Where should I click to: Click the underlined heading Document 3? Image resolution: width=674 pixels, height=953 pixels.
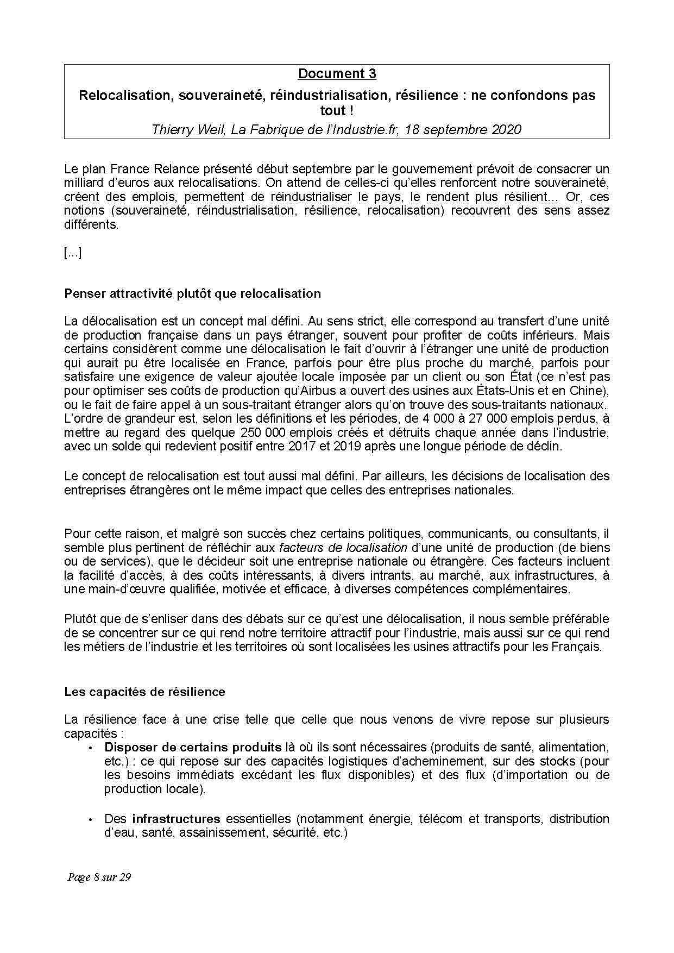coord(337,74)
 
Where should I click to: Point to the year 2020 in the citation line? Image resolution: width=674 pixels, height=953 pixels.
coord(507,130)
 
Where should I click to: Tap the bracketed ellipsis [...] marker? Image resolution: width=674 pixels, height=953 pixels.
coord(73,253)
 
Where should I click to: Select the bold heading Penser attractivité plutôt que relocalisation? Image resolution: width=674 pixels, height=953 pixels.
coord(192,294)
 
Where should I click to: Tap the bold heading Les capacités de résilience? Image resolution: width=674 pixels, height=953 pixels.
coord(144,692)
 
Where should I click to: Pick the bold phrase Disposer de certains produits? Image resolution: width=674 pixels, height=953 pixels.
coord(193,747)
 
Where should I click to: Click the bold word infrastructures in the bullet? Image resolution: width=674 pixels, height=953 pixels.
coord(176,819)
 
